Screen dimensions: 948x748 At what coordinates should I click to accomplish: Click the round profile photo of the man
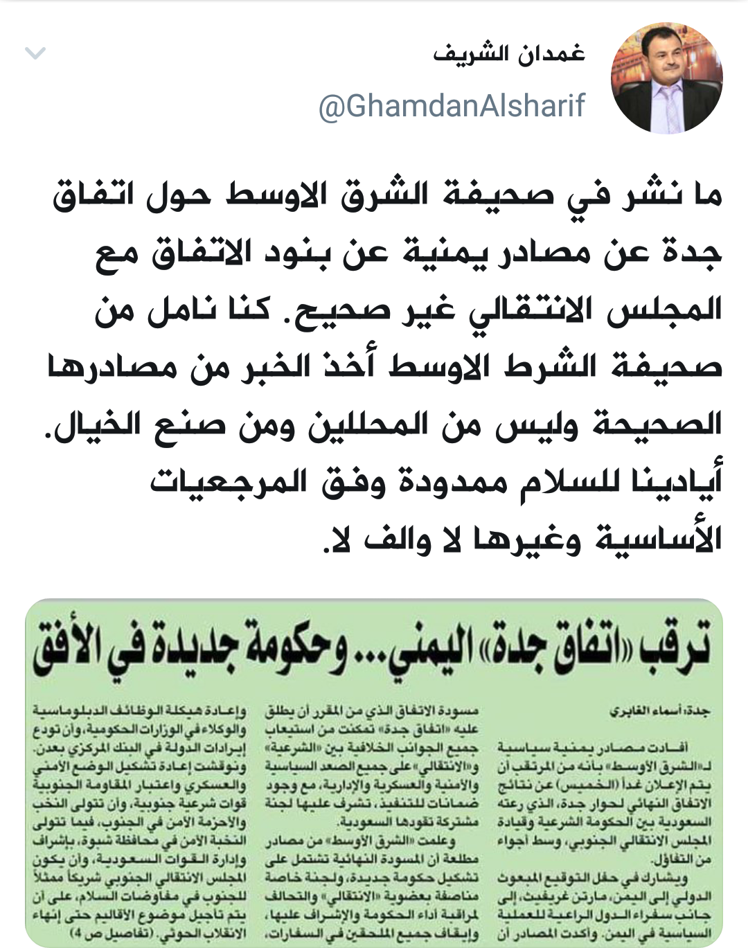[666, 78]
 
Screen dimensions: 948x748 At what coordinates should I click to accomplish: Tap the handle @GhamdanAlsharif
[452, 106]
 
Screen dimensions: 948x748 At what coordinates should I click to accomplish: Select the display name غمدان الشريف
[509, 54]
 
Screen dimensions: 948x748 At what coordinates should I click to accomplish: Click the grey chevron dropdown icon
[35, 53]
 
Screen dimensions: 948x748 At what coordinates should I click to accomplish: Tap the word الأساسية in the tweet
[658, 538]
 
